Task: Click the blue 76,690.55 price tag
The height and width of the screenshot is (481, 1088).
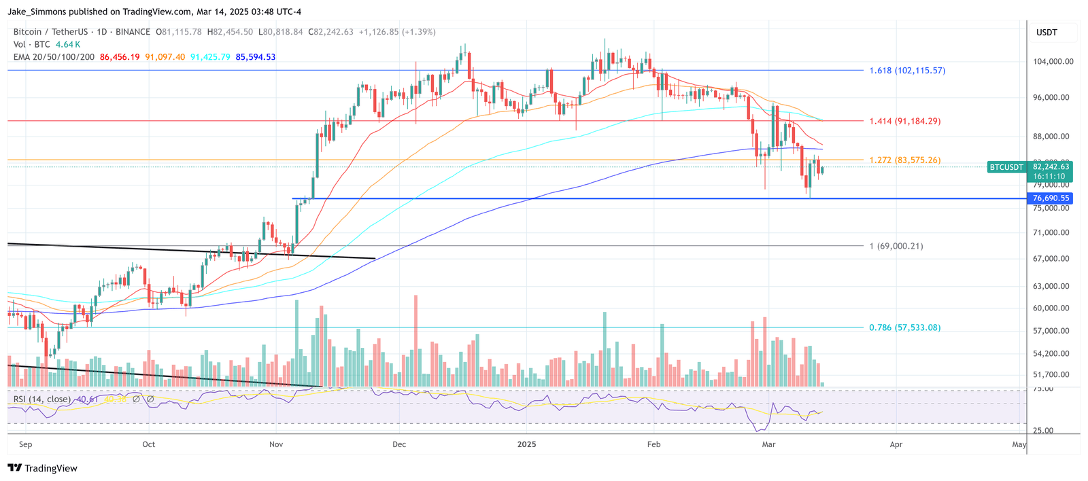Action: point(1051,198)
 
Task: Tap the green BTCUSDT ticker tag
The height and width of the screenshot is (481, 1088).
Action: point(1006,167)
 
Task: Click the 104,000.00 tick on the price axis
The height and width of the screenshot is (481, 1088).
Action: point(1053,61)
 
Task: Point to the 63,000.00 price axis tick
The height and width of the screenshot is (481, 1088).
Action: point(1051,286)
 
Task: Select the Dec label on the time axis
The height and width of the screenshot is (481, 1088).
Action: point(399,444)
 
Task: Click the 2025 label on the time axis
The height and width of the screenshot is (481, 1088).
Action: point(526,444)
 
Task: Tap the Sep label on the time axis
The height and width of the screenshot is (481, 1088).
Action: point(26,444)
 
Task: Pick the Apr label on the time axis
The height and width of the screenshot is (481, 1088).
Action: point(896,444)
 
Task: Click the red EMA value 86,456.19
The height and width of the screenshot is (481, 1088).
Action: point(120,57)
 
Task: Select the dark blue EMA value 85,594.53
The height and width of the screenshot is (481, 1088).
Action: point(256,57)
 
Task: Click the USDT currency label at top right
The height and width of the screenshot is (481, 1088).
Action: point(1047,33)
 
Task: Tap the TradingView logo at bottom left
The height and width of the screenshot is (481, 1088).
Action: point(43,468)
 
